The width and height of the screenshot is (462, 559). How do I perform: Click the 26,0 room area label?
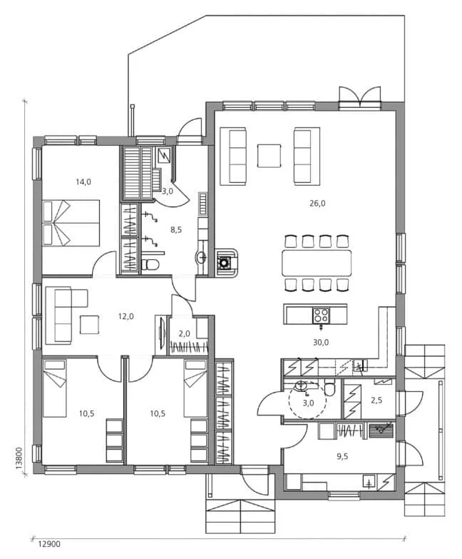317,203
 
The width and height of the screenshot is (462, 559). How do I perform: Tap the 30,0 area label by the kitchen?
321,342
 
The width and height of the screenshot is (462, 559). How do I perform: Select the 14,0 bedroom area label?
83,181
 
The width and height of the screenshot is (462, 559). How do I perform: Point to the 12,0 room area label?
125,316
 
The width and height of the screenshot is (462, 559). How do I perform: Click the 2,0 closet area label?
184,333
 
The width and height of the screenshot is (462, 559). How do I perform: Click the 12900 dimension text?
49,544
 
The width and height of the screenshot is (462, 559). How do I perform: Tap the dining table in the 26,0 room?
317,263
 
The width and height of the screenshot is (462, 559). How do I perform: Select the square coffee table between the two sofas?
269,155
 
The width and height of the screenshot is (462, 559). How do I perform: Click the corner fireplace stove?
225,262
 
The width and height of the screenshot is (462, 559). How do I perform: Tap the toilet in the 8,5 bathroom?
150,265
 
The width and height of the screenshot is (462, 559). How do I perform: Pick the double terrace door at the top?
360,98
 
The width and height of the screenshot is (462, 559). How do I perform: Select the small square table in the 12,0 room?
91,324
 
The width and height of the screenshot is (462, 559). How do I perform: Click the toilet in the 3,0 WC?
329,390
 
